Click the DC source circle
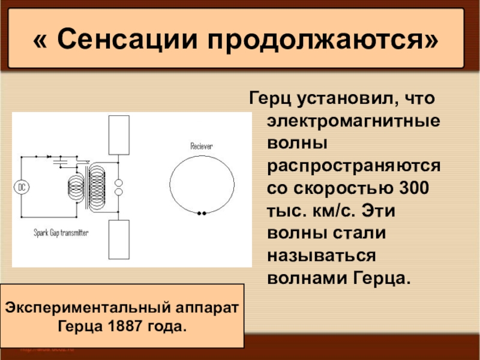coord(22,187)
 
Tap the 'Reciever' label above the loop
coord(202,146)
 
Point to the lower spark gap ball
coord(118,192)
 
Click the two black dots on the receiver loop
coord(202,212)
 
